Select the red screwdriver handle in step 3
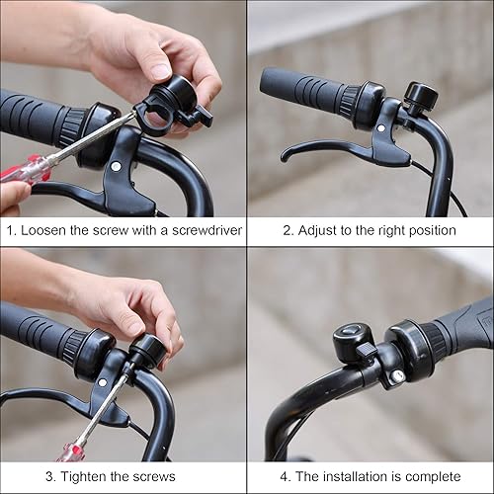pos(69,453)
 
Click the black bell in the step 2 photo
pos(420,97)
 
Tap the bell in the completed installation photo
pos(351,343)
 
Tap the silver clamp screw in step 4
pos(396,376)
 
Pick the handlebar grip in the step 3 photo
pos(35,331)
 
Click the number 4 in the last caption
pos(284,477)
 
